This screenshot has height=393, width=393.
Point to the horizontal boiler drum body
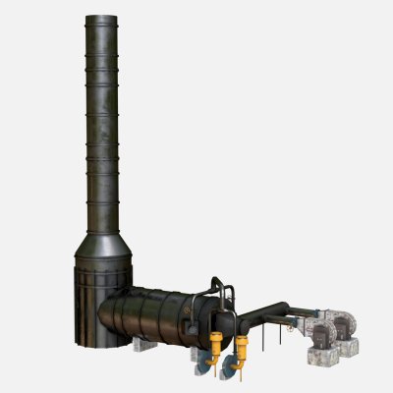pos(162,314)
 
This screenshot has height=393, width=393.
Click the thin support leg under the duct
pos(279,338)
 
